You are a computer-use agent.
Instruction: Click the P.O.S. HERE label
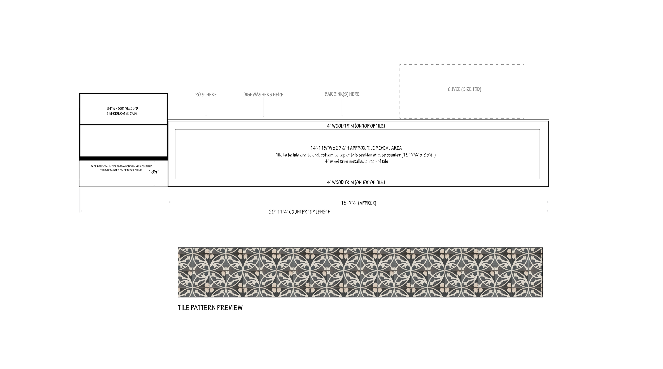[206, 95]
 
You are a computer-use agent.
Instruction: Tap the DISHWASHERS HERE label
[263, 95]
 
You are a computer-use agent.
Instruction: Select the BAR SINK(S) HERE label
[342, 94]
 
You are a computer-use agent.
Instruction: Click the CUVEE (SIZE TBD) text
[464, 90]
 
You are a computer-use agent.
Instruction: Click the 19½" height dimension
[153, 172]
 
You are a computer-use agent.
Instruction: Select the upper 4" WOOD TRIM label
[356, 126]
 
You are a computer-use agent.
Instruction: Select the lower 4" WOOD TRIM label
[356, 183]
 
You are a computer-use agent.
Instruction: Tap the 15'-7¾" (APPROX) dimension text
[359, 203]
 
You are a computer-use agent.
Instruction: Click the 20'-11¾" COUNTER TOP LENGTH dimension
[300, 212]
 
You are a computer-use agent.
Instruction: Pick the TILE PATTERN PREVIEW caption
[210, 308]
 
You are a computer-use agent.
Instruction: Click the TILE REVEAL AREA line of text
[356, 148]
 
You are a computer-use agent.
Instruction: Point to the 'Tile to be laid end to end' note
[356, 155]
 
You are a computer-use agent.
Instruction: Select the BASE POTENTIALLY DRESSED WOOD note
[121, 168]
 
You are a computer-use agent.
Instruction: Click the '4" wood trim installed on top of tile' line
[356, 161]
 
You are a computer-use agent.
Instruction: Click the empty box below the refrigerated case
[123, 141]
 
